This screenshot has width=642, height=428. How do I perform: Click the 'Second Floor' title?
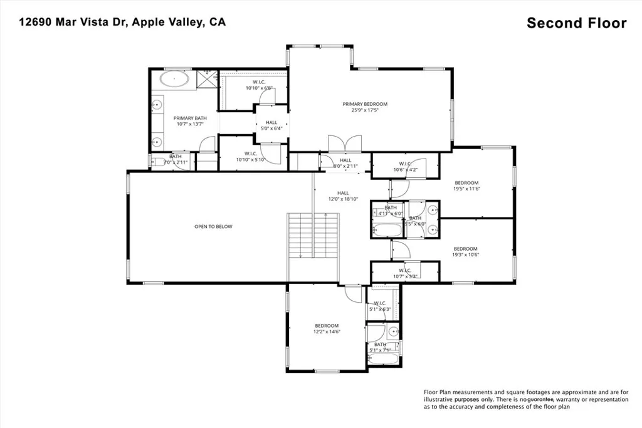point(576,23)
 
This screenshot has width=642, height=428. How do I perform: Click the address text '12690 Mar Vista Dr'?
point(71,22)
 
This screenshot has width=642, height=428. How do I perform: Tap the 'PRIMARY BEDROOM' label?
point(364,104)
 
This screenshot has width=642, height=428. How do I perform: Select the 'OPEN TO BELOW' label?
point(213,226)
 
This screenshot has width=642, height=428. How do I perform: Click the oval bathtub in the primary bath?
point(174,80)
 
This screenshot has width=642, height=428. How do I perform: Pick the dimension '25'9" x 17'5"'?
point(364,111)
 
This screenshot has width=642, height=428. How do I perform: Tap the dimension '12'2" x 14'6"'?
point(327,332)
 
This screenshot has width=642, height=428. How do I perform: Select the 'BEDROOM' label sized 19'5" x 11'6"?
point(466,182)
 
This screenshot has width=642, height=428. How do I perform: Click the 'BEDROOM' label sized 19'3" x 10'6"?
point(465,248)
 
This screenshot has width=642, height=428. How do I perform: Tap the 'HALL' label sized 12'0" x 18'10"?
point(343,193)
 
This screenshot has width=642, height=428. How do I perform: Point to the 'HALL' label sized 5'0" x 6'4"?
point(271,123)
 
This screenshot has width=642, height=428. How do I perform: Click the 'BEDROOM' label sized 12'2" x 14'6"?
point(327,325)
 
